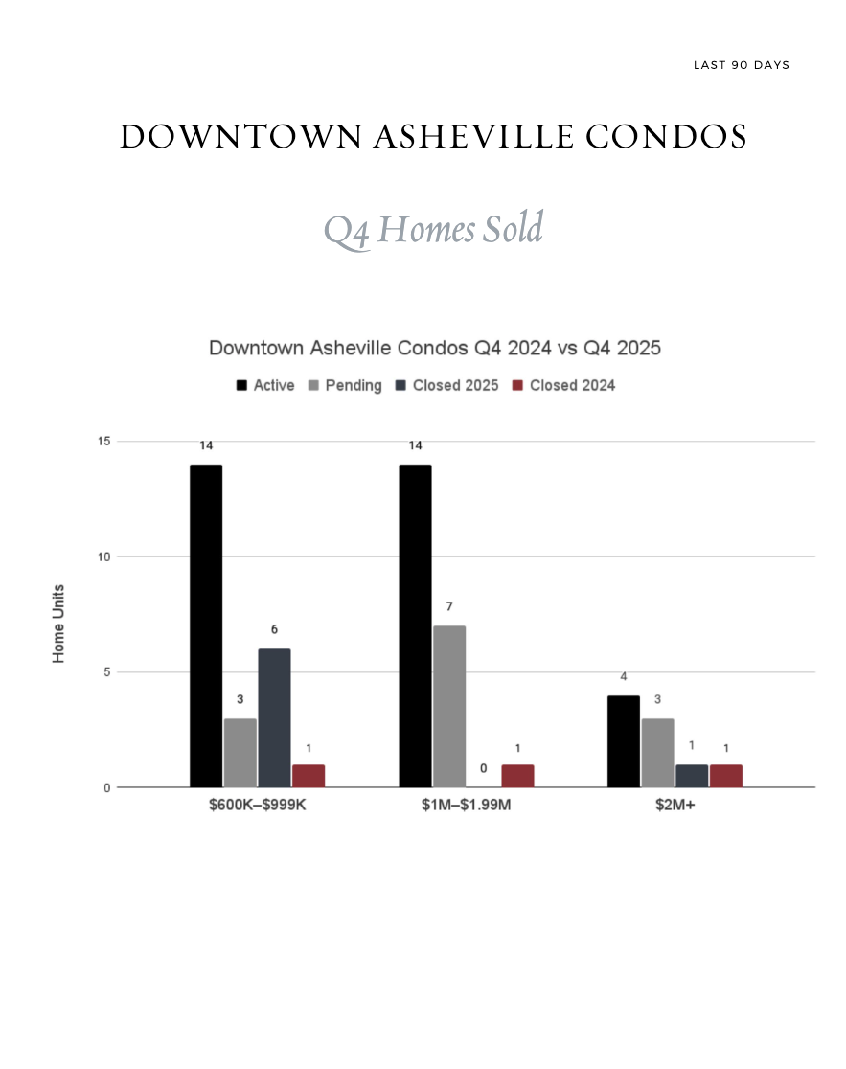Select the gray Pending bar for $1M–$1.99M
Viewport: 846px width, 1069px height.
pyautogui.click(x=449, y=706)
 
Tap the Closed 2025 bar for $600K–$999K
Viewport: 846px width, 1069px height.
pyautogui.click(x=274, y=717)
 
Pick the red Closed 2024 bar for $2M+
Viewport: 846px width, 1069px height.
pyautogui.click(x=726, y=776)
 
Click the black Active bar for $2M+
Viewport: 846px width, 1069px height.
pyautogui.click(x=624, y=741)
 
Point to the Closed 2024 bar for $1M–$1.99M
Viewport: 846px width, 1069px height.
pyautogui.click(x=517, y=776)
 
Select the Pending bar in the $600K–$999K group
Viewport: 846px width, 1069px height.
pyautogui.click(x=240, y=753)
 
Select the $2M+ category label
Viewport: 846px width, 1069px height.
pyautogui.click(x=675, y=806)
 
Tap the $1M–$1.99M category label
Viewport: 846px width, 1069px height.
pyautogui.click(x=467, y=806)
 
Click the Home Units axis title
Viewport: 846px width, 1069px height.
pyautogui.click(x=59, y=624)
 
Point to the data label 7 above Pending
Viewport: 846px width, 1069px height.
pyautogui.click(x=449, y=606)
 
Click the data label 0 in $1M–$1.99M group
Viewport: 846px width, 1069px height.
pyautogui.click(x=484, y=768)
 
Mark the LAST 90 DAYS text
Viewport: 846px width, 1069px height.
pyautogui.click(x=742, y=65)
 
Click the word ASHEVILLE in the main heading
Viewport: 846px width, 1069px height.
pyautogui.click(x=473, y=138)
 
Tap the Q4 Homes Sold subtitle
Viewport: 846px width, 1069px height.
pyautogui.click(x=433, y=230)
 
